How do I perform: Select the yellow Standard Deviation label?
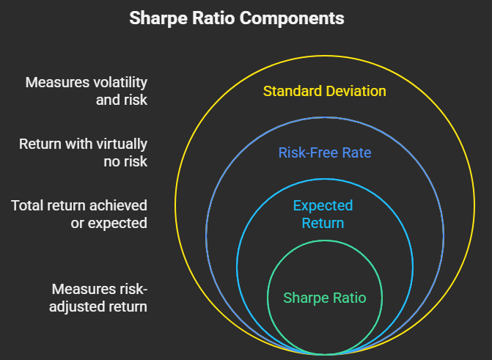[x=324, y=92]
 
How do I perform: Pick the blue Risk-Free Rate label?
[x=324, y=153]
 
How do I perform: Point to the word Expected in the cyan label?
[x=323, y=205]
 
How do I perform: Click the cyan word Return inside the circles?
[x=323, y=222]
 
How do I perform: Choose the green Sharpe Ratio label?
[x=324, y=298]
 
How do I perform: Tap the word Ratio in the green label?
[x=347, y=298]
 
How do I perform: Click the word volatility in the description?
[x=116, y=82]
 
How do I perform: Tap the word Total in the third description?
[x=28, y=205]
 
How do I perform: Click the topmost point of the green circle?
[x=324, y=243]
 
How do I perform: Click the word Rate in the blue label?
[x=358, y=153]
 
